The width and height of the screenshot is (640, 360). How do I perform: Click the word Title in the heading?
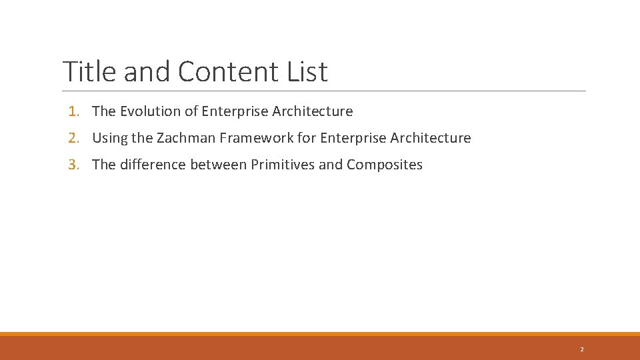click(89, 71)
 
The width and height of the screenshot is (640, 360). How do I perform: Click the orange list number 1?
click(73, 111)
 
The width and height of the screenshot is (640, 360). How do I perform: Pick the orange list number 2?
click(73, 138)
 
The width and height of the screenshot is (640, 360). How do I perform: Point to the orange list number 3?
click(73, 165)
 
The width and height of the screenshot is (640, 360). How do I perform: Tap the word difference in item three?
click(153, 165)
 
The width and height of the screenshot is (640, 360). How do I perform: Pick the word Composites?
click(385, 165)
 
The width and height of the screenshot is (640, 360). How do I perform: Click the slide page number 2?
click(581, 349)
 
